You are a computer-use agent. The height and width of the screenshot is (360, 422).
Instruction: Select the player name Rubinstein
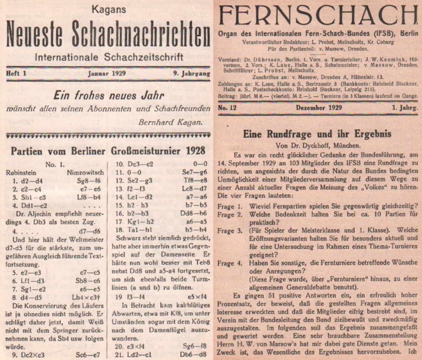pyautogui.click(x=21, y=172)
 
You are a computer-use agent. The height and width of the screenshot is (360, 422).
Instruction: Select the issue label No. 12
pyautogui.click(x=228, y=108)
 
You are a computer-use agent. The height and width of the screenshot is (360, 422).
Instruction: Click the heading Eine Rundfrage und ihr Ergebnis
pyautogui.click(x=317, y=134)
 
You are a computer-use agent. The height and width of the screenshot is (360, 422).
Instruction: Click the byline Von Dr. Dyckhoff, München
pyautogui.click(x=317, y=144)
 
